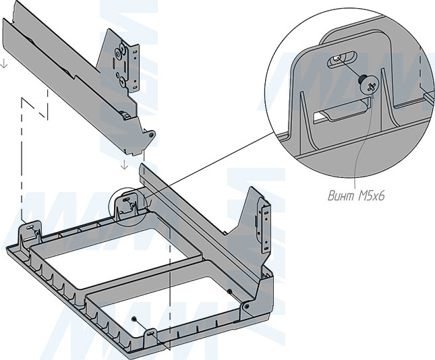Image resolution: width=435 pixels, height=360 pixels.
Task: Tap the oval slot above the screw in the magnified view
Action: pyautogui.click(x=343, y=61)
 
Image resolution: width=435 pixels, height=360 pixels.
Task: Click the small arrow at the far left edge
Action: pyautogui.click(x=5, y=64)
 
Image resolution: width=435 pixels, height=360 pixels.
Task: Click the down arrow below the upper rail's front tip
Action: pyautogui.click(x=123, y=164)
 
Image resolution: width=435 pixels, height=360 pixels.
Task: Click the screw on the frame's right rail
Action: pyautogui.click(x=229, y=291)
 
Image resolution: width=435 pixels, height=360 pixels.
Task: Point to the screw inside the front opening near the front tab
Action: pyautogui.click(x=136, y=318)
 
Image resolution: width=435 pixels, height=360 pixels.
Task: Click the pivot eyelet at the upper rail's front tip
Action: pyautogui.click(x=152, y=135)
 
